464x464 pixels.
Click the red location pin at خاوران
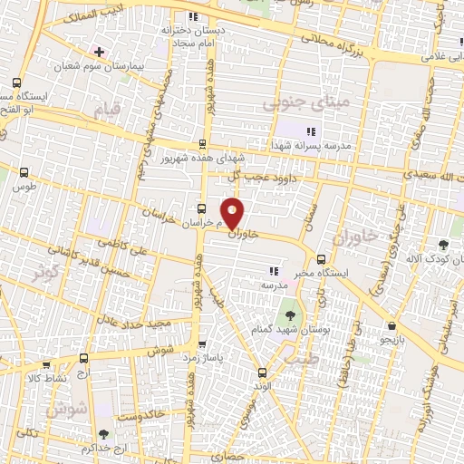pyautogui.click(x=233, y=211)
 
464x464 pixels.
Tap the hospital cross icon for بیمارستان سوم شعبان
pyautogui.click(x=99, y=52)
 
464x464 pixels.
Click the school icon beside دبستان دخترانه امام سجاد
pyautogui.click(x=191, y=17)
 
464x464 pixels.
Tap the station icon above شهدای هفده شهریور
pyautogui.click(x=202, y=143)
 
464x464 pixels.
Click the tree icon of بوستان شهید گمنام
pyautogui.click(x=288, y=315)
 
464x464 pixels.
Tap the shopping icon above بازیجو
pyautogui.click(x=391, y=325)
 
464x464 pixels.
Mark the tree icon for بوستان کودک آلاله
pyautogui.click(x=443, y=245)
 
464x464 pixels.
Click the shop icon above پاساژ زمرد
pyautogui.click(x=201, y=344)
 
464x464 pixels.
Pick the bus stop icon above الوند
pyautogui.click(x=262, y=372)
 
